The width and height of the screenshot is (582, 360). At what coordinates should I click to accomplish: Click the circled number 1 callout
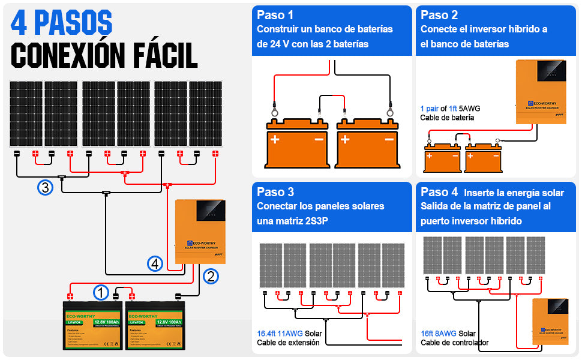[x=101, y=293]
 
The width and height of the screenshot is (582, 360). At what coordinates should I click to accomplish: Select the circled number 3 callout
[x=46, y=188]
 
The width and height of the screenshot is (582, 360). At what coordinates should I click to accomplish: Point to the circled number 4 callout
[x=155, y=263]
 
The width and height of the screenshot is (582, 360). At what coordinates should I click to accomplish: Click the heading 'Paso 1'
[x=275, y=15]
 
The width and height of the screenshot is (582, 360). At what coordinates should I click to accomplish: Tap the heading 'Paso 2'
[x=439, y=15]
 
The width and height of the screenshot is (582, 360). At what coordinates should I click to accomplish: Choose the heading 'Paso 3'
[x=275, y=192]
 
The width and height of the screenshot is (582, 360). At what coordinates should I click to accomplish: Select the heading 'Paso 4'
[x=439, y=193]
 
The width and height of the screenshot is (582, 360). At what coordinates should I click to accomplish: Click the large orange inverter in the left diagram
[x=198, y=231]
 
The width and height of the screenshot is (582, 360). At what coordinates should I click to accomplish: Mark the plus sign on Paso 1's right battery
[x=345, y=139]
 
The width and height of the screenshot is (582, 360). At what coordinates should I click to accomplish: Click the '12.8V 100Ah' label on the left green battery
[x=106, y=323]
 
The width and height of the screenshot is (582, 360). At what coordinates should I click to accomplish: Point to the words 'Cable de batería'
[x=447, y=118]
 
